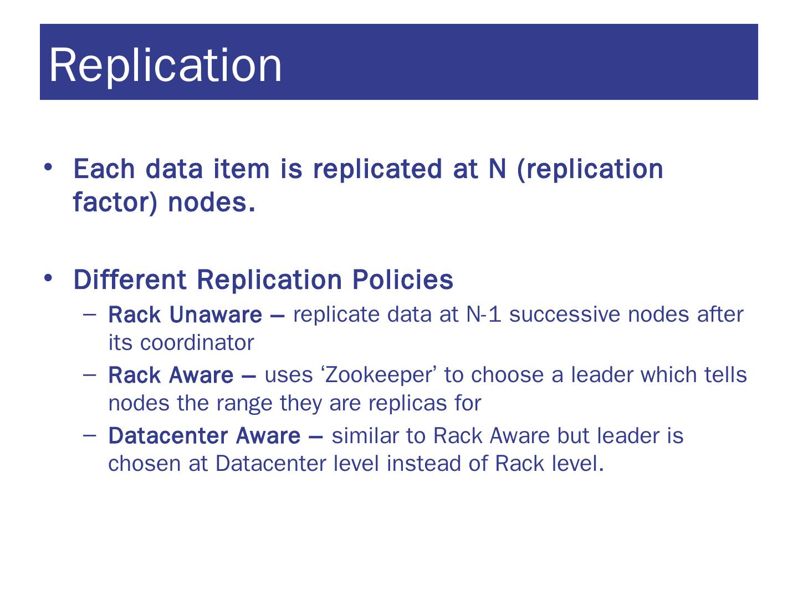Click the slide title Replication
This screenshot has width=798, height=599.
click(x=166, y=65)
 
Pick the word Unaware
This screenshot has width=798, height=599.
click(x=216, y=315)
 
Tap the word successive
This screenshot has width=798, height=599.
click(x=565, y=314)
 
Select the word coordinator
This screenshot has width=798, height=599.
click(x=197, y=343)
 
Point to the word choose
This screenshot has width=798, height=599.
click(x=508, y=375)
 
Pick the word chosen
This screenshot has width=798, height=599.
click(x=144, y=463)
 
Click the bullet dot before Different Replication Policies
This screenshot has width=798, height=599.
click(x=49, y=277)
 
